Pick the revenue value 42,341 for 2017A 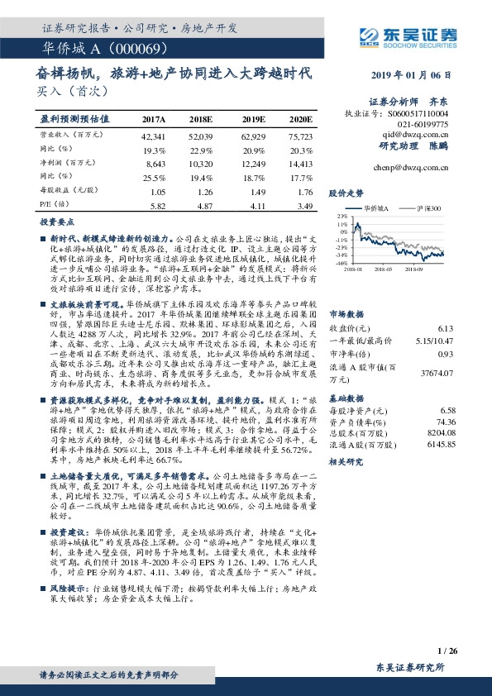[154, 136]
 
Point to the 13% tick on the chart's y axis [341, 216]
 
